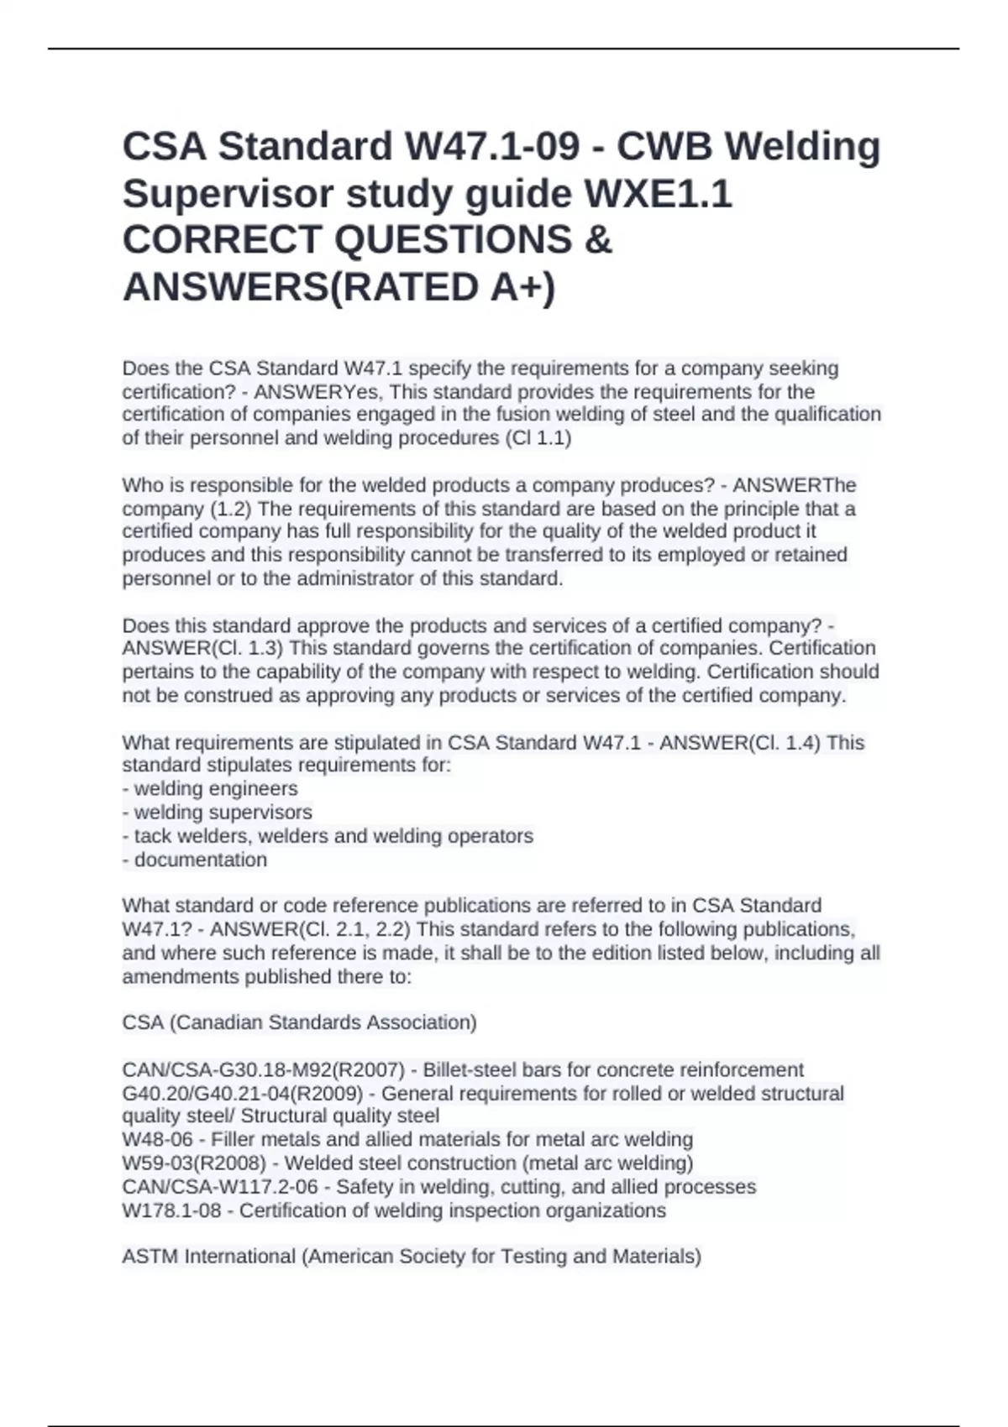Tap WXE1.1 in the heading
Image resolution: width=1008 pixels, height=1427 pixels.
tap(658, 194)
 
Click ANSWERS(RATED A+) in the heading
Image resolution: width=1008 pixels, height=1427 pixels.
tap(339, 287)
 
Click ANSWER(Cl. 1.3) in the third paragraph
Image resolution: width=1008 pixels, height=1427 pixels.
tap(202, 649)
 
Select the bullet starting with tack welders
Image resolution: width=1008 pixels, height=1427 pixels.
tap(328, 836)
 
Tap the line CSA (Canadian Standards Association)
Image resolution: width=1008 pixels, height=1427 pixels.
tap(299, 1022)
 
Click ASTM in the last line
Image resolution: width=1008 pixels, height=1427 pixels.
tap(150, 1257)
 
